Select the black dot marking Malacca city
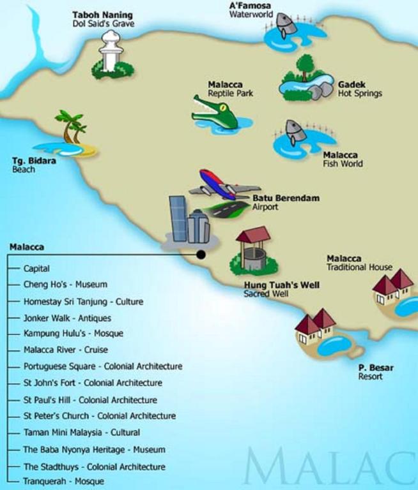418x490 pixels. (201, 255)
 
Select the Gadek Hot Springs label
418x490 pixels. (360, 89)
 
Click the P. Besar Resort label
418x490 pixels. (376, 372)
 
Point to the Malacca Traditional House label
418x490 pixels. (359, 263)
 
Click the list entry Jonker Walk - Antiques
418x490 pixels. (67, 318)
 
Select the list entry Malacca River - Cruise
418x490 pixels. (66, 350)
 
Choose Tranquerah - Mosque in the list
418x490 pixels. (63, 482)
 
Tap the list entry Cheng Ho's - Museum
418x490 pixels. (65, 285)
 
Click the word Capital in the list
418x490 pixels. (36, 269)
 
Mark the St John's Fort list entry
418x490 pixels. (93, 383)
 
